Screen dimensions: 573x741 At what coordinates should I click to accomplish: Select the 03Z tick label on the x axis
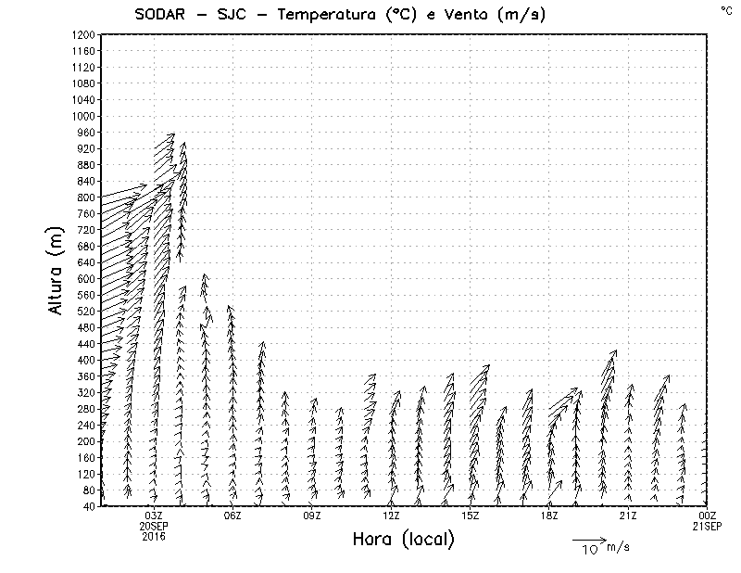pyautogui.click(x=154, y=516)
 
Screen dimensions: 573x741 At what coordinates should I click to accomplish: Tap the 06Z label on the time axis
pyautogui.click(x=233, y=516)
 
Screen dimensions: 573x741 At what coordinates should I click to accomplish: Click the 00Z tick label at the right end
pyautogui.click(x=708, y=516)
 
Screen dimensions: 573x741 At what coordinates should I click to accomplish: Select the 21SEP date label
pyautogui.click(x=708, y=526)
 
